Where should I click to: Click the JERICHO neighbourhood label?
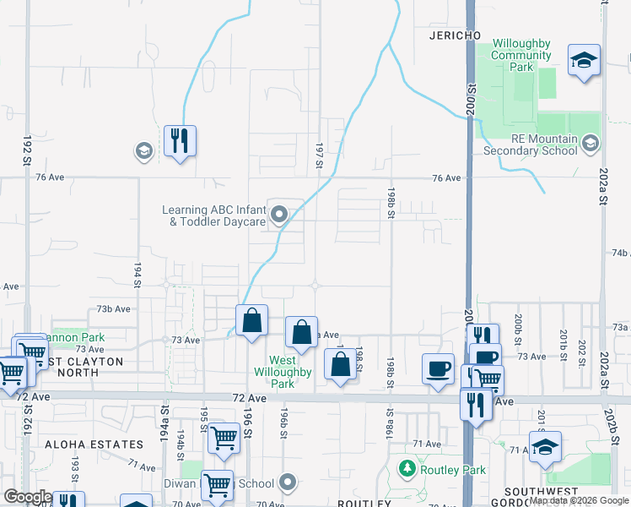pos(455,35)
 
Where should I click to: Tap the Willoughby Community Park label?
pos(521,55)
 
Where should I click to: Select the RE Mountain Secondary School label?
pos(531,145)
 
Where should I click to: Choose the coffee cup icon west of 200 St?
pos(439,369)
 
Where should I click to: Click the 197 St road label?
pos(320,155)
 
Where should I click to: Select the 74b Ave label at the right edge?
pos(621,253)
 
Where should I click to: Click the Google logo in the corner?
pos(28,497)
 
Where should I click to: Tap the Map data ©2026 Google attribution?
pos(580,500)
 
